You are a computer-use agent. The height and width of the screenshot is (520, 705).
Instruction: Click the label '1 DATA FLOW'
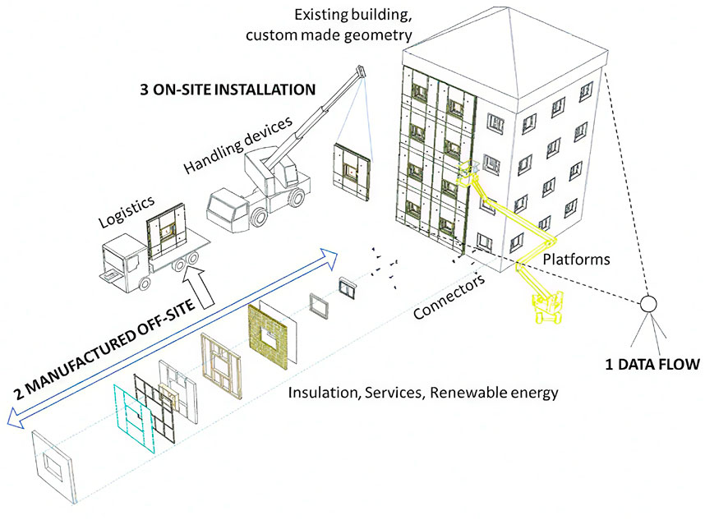(x=652, y=362)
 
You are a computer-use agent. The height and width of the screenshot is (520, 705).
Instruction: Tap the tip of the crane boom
(x=360, y=72)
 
